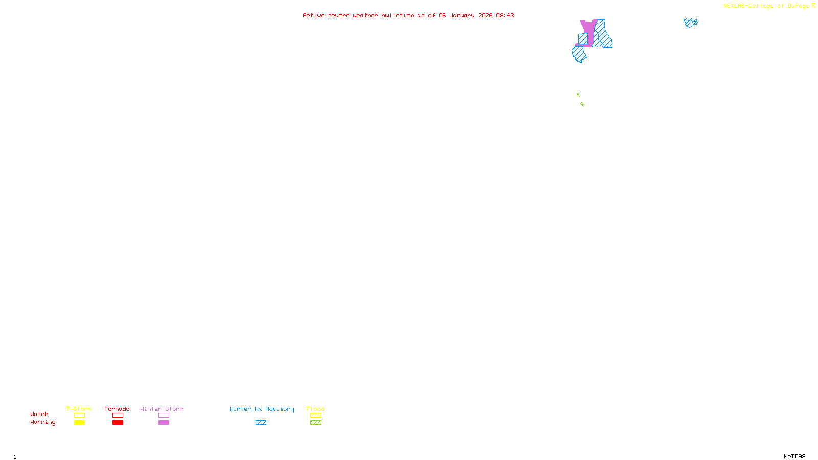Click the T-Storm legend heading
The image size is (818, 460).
79,409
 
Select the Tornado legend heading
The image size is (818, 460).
117,409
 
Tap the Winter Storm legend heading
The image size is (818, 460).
162,409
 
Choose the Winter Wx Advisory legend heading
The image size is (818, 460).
262,409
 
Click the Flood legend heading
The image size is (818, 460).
315,409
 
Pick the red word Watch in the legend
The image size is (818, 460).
39,414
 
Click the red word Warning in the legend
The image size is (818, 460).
43,422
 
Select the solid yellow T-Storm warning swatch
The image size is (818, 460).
79,423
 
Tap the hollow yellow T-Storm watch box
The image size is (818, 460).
79,416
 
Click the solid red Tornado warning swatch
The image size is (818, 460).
118,423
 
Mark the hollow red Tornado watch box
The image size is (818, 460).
118,416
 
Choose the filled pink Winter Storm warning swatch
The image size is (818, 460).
164,423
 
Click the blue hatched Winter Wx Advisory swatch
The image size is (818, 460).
261,423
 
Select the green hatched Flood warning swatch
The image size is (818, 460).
316,423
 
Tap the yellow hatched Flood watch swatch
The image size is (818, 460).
316,416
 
